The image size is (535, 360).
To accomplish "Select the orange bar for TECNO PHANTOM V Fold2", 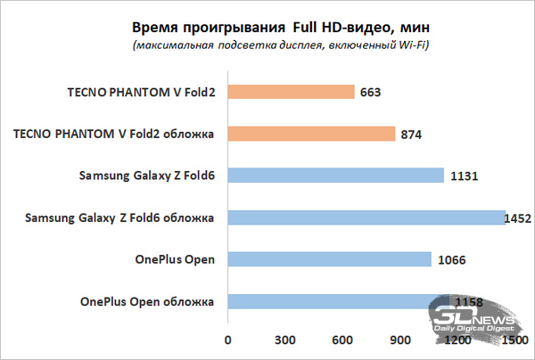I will coord(291,91).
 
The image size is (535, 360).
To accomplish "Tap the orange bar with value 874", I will coord(311,134).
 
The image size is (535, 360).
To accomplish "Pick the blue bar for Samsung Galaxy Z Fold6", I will coord(335,176).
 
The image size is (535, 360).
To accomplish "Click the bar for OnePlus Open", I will coord(329,259).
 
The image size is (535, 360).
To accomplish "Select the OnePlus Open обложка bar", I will coord(338,301).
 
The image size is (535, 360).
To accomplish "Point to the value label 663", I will coord(374,92).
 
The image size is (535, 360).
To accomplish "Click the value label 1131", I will coord(465,176).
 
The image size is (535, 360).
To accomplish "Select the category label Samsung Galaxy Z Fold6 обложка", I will coord(120,217).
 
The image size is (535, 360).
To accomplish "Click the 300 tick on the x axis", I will coord(285,340).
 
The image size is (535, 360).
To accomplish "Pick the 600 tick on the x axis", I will coord(342,340).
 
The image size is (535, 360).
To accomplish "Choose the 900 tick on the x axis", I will coord(400,340).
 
